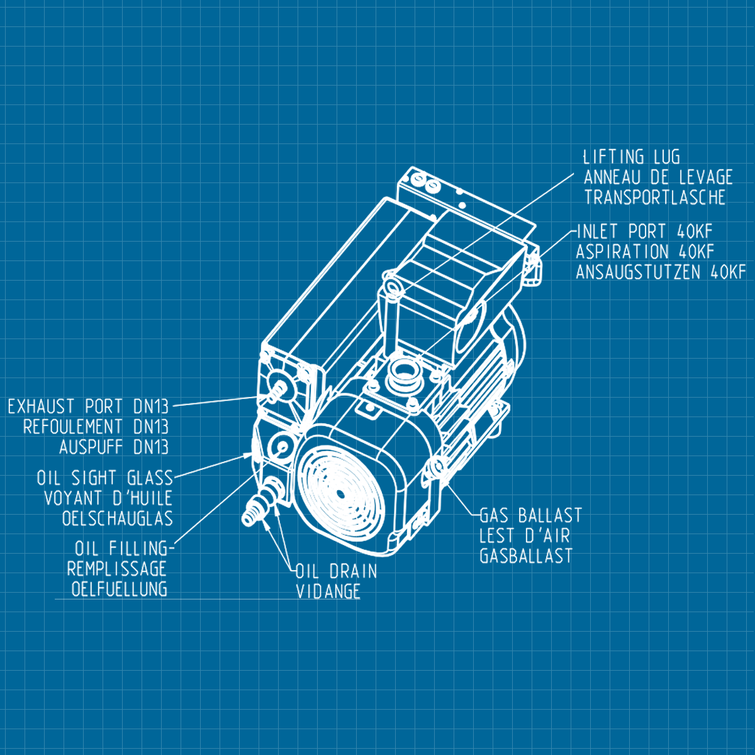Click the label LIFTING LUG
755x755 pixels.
(631, 157)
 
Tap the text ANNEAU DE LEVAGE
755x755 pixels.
(658, 177)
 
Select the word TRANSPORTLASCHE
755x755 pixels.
(654, 197)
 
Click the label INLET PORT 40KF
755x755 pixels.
(644, 232)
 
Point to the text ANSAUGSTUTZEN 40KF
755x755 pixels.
(661, 272)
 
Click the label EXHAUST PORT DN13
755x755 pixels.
(88, 406)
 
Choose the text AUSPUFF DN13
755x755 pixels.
(114, 447)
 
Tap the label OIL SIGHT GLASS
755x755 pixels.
(104, 478)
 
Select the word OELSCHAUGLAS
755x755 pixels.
(117, 518)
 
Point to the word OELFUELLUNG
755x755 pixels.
(119, 589)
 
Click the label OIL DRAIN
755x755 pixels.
(337, 571)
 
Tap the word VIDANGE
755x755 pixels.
(328, 591)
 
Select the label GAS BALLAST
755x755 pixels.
(530, 516)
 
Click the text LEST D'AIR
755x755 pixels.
(524, 536)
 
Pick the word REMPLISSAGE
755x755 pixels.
(116, 569)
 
